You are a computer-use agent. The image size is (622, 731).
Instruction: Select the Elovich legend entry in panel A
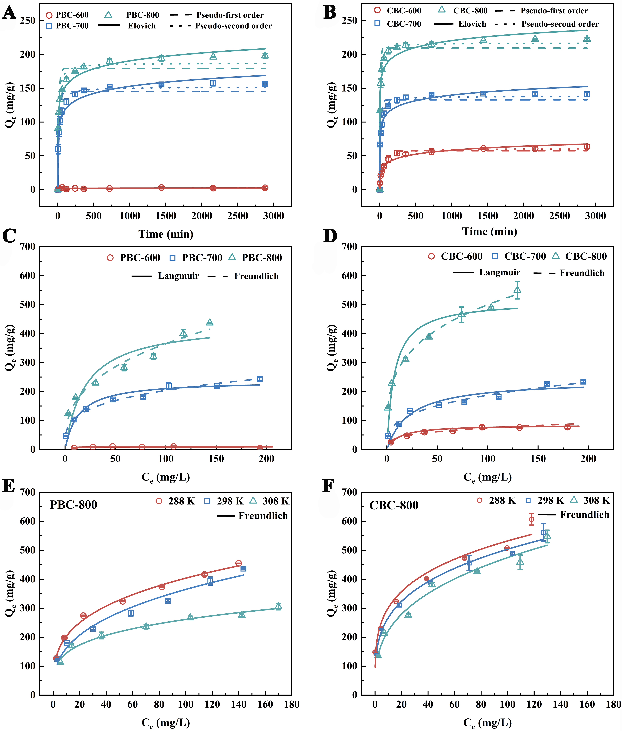click(141, 26)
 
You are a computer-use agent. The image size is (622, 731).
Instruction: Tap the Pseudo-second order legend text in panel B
click(560, 24)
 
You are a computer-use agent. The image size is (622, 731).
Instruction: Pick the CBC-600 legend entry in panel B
click(404, 11)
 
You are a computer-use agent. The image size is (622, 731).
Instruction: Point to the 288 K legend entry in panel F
click(502, 500)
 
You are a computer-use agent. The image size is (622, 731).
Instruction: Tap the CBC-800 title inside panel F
click(394, 505)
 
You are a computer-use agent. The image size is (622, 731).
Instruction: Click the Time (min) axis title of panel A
click(166, 234)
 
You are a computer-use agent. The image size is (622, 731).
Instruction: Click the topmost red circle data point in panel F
click(531, 519)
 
